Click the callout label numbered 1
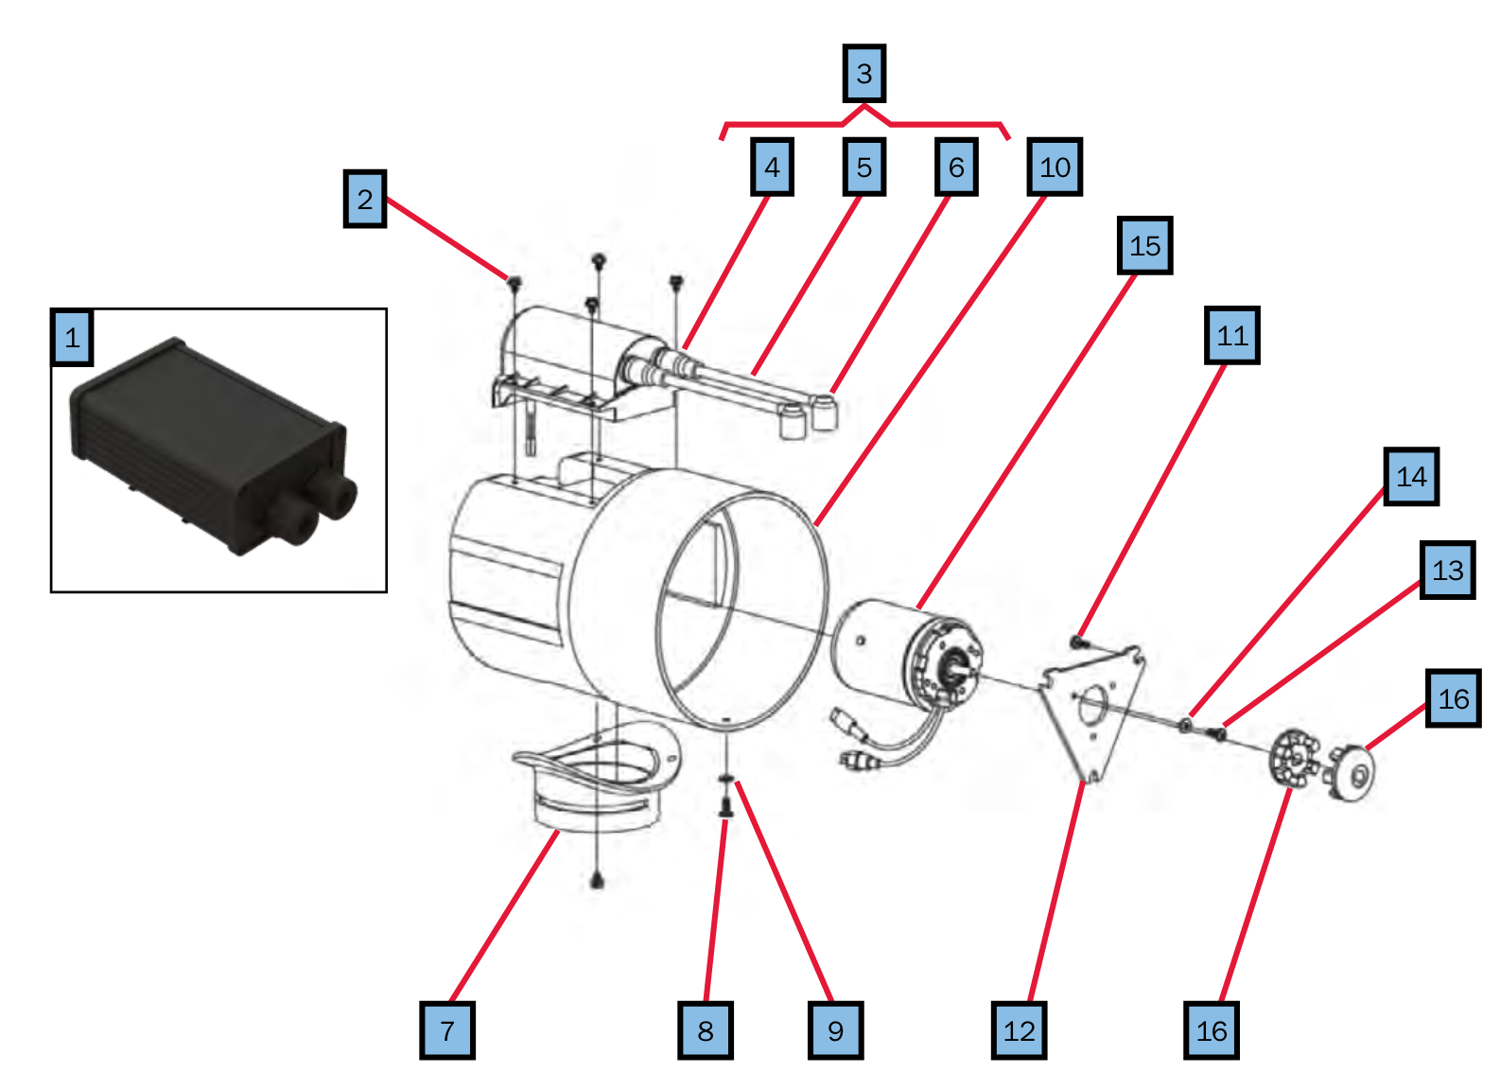(72, 338)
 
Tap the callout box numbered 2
(365, 199)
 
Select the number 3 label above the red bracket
(864, 73)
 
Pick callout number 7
(447, 1030)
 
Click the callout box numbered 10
(1055, 167)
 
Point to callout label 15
(1144, 246)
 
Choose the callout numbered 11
(1232, 336)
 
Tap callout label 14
(1411, 477)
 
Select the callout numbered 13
(1447, 571)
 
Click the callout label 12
(1020, 1030)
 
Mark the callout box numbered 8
(706, 1030)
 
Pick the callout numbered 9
(836, 1030)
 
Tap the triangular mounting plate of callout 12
(1092, 710)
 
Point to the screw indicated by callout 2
(515, 282)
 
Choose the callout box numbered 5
(864, 167)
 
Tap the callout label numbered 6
(956, 167)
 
